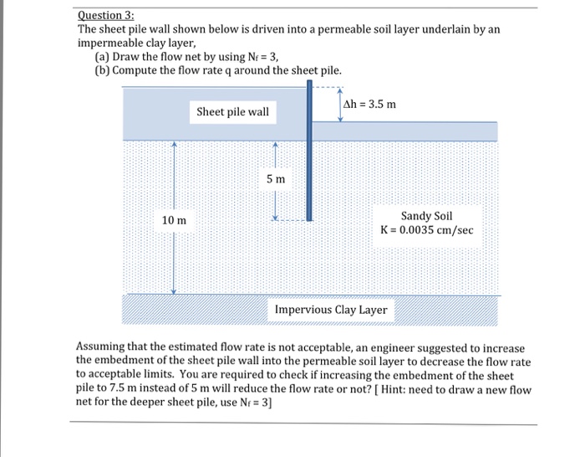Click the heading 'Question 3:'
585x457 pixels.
point(105,14)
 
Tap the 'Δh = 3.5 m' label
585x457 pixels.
point(370,105)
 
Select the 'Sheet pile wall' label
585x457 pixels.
point(232,111)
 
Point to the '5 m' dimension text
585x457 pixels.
point(276,179)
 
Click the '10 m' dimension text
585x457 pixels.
point(175,219)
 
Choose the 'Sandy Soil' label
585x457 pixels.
point(426,215)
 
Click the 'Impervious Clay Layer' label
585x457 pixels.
point(331,310)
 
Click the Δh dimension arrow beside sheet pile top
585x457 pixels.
point(340,104)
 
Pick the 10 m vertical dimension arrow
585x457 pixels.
point(174,251)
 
